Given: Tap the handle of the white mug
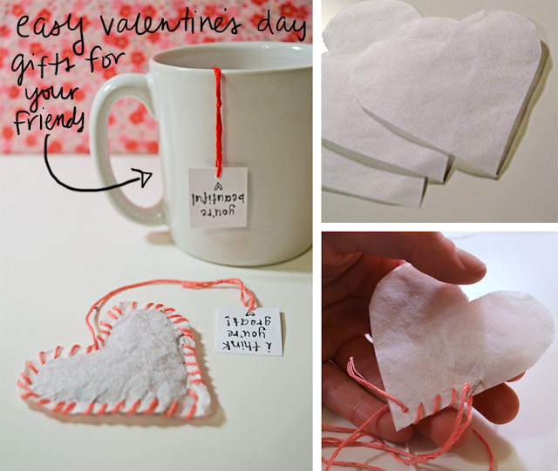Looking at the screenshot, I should [x=112, y=148].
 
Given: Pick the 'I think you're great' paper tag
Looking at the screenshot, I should [x=248, y=333].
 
